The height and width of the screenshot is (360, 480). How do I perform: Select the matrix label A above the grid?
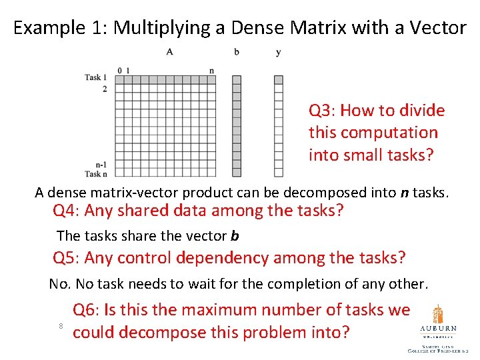point(170,51)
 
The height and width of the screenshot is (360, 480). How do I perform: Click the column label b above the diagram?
point(237,51)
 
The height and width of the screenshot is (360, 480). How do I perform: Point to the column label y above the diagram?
point(278,52)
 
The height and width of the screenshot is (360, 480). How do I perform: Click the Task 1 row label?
point(96,77)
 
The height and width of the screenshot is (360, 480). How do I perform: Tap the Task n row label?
point(96,173)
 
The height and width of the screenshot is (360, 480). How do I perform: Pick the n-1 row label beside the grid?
point(101,164)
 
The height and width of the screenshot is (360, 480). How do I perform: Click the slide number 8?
point(61,325)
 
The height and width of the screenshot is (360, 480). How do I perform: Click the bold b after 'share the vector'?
point(235,235)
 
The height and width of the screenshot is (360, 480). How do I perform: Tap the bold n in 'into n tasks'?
point(404,193)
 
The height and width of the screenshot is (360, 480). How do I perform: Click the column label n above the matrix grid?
point(211,71)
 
